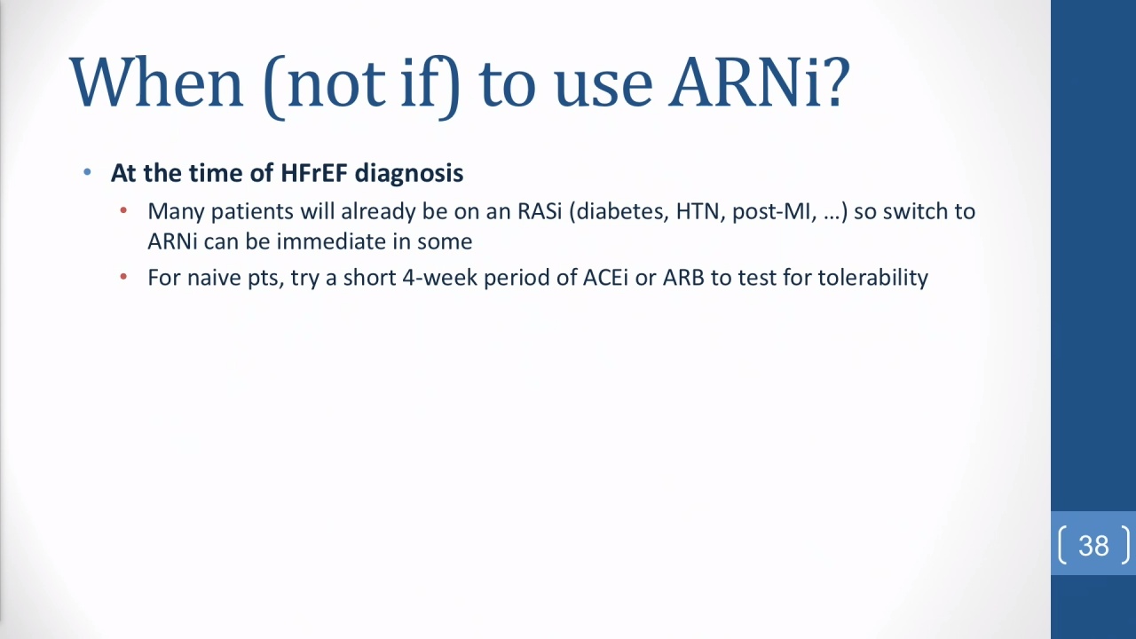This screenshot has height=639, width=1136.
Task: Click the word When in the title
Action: (x=156, y=83)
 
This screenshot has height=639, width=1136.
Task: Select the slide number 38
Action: (x=1093, y=546)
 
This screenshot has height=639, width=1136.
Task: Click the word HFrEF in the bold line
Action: (x=314, y=172)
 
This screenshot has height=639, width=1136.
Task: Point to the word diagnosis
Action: (x=409, y=173)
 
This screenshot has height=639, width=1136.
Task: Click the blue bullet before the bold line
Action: (x=87, y=172)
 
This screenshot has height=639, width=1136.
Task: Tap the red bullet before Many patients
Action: (x=123, y=210)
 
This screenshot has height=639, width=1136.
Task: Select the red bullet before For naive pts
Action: (x=123, y=277)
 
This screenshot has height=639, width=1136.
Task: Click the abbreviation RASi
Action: (x=540, y=211)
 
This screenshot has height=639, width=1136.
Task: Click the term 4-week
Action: (x=439, y=278)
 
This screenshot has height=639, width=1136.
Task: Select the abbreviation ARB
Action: (x=683, y=278)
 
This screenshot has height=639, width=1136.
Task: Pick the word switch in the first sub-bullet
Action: (x=916, y=211)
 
